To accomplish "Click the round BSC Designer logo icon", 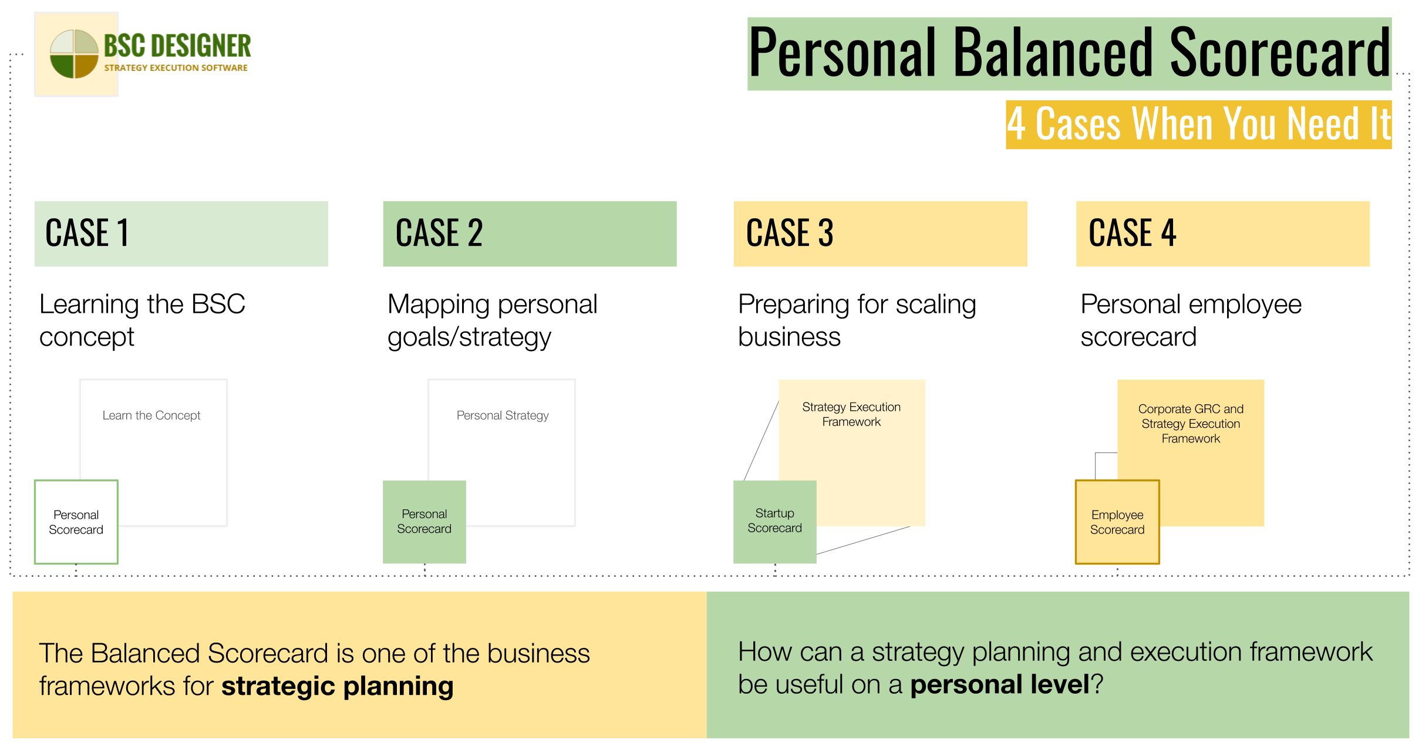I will [x=74, y=54].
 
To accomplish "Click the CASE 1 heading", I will [x=87, y=233].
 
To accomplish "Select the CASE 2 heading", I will [x=439, y=233].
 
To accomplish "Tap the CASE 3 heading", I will [x=790, y=233].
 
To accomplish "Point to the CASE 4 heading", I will [x=1132, y=233].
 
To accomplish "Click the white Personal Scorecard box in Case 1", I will [x=76, y=522].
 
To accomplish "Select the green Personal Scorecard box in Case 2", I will [x=424, y=522].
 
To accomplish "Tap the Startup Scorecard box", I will [x=774, y=521].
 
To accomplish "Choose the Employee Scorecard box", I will [x=1117, y=522].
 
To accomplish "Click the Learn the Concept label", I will [x=151, y=415].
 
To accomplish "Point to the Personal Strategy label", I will [x=503, y=415].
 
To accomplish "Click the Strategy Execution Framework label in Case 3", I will [x=851, y=414].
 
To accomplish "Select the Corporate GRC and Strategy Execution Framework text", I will [x=1191, y=424].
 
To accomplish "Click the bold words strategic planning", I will [x=337, y=686].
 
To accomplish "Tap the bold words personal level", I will [x=999, y=684].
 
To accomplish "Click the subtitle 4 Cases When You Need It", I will [x=1198, y=124].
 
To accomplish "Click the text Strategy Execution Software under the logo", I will [x=176, y=68].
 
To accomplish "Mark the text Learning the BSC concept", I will [x=142, y=320].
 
